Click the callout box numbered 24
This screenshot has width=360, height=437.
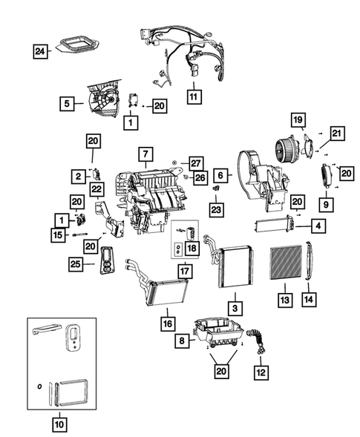point(40,51)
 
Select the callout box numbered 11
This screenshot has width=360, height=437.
point(194,96)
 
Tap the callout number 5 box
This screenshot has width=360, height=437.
point(67,103)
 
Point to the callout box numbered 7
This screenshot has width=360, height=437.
point(145,154)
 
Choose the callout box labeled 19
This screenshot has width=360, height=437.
point(298,120)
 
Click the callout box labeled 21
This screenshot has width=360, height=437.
point(337,134)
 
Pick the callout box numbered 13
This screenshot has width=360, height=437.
point(285,300)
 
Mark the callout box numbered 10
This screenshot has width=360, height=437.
point(59,424)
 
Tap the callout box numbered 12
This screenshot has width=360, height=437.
point(261,372)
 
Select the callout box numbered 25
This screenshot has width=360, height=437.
point(76,264)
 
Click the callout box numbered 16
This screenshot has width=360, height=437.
point(168,323)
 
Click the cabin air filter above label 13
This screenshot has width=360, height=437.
point(286,263)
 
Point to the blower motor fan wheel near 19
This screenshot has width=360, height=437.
point(284,148)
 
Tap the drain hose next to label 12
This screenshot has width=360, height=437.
point(258,341)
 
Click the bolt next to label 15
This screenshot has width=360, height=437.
point(79,234)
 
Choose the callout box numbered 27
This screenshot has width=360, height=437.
point(196,163)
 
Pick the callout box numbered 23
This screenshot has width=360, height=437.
point(217,209)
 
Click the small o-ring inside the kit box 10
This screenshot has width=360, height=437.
point(39,387)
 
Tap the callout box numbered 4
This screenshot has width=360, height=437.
point(318,226)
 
